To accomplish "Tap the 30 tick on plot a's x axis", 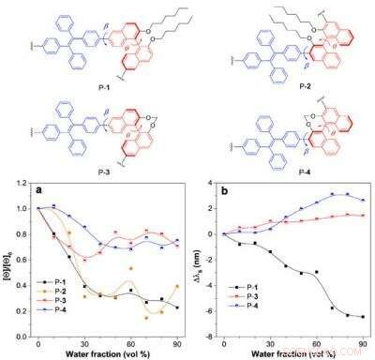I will click(x=83, y=345).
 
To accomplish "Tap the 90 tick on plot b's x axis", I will click(x=363, y=345).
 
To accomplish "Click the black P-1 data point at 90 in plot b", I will click(x=363, y=317).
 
